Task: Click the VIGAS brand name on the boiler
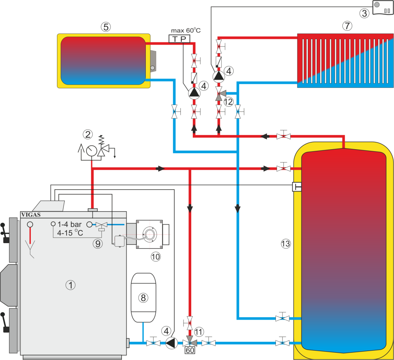(x=31, y=215)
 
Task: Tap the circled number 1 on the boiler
(x=70, y=285)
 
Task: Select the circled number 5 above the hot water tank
(x=106, y=27)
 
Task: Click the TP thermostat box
(x=179, y=39)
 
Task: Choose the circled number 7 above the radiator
(x=347, y=26)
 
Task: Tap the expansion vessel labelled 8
(x=143, y=297)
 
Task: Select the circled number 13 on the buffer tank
(x=286, y=243)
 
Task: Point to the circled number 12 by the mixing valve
(x=229, y=102)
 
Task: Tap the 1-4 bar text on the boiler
(x=70, y=225)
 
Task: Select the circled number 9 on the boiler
(x=98, y=243)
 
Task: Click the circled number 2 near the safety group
(x=88, y=135)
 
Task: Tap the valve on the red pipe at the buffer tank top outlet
(x=284, y=136)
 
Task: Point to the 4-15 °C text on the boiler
(x=70, y=233)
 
